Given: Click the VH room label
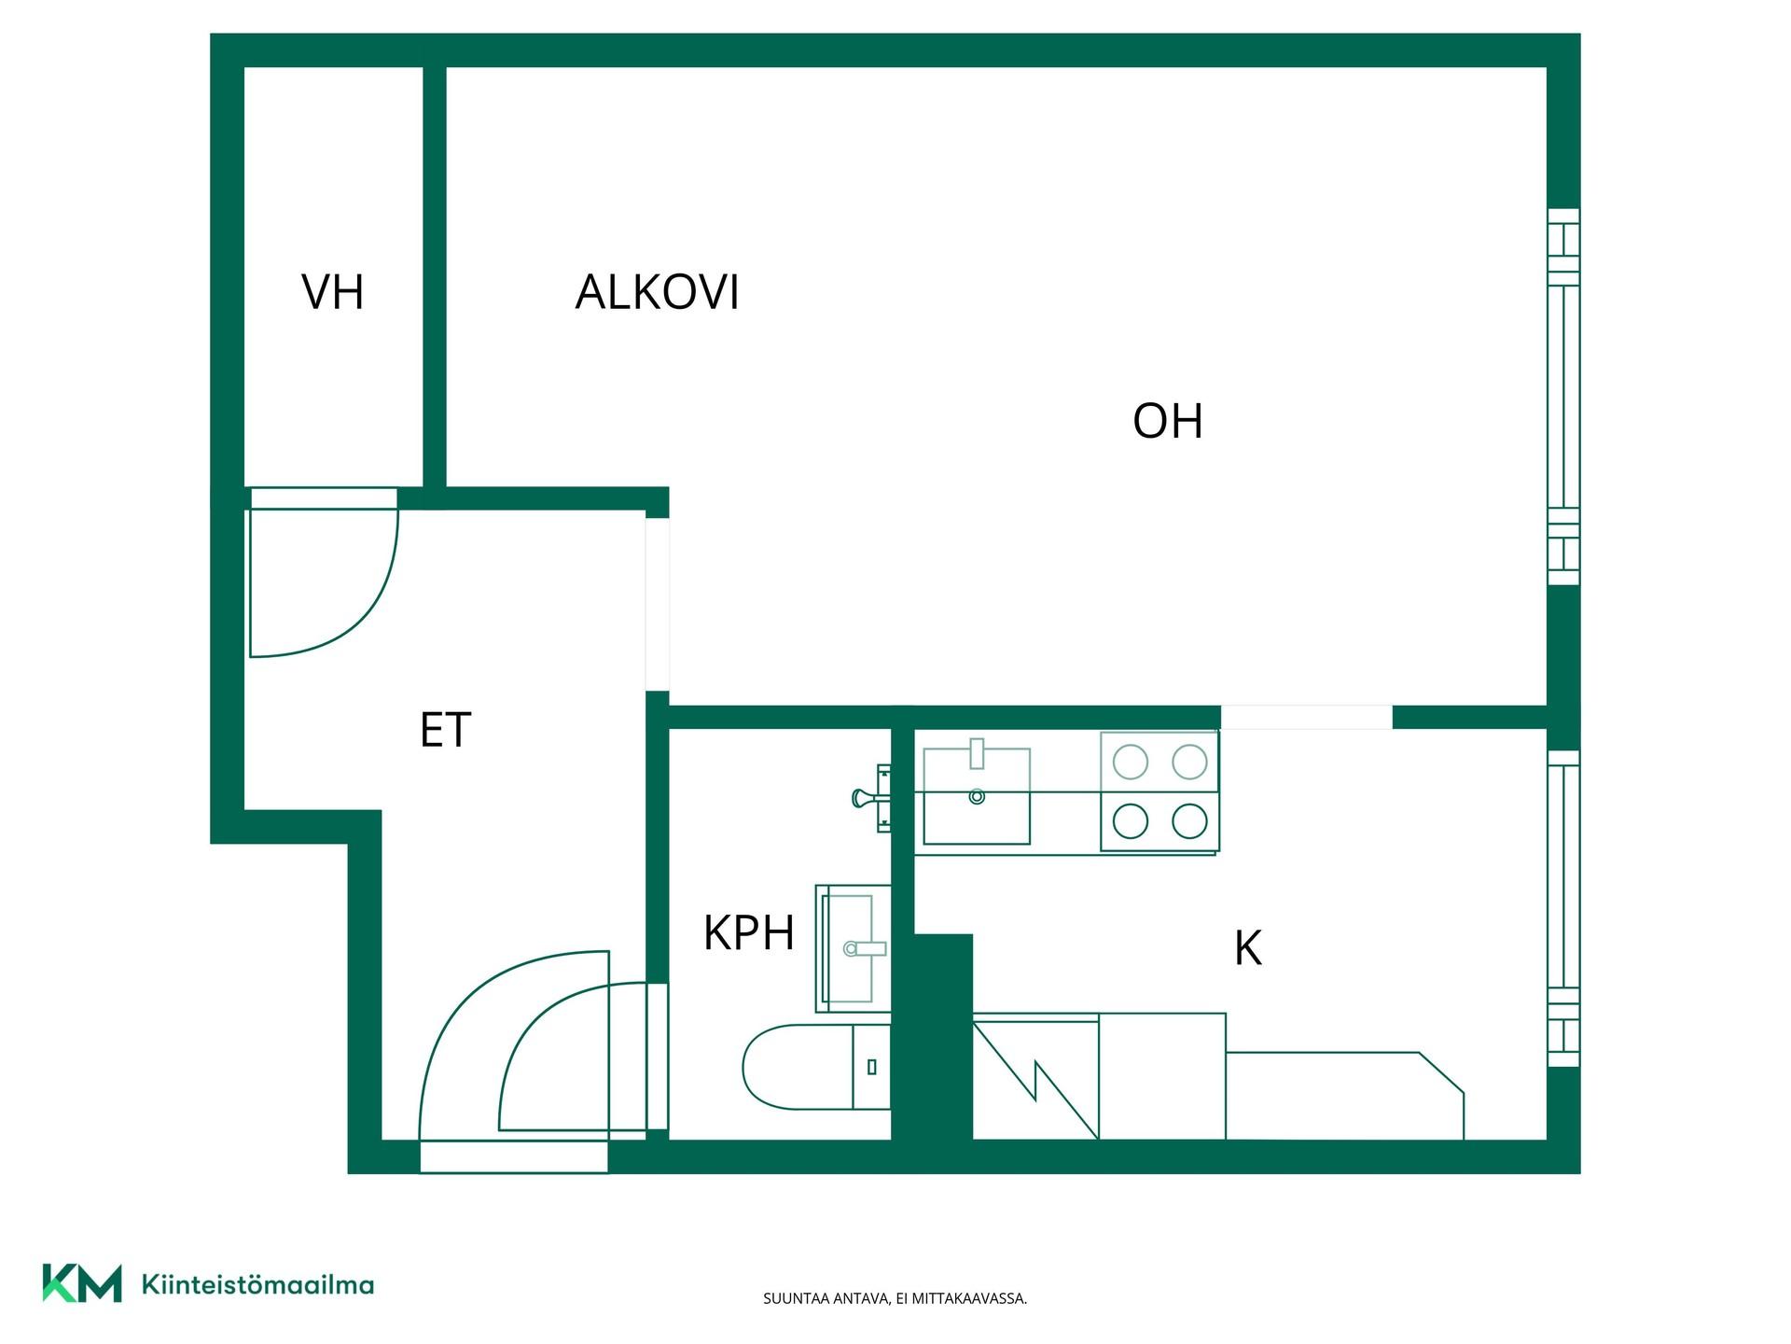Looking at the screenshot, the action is coord(332,291).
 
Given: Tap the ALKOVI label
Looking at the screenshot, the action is coord(657,291).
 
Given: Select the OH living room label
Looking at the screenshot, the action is coord(1167,421).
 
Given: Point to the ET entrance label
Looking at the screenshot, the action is coord(445,730).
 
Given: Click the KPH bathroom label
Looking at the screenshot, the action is coord(748,932).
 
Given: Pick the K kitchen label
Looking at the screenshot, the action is coord(1247,948).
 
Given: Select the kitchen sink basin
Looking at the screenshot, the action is coord(977,795).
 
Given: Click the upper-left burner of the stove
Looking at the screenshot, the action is coord(1131,763).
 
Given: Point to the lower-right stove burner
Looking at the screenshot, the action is coord(1189,821).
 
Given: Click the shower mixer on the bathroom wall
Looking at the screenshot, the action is coord(872,797).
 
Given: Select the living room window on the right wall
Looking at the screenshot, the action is coord(1563,397).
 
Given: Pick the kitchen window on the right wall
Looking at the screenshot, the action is coord(1563,908).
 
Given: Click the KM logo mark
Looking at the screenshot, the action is coord(82,1283).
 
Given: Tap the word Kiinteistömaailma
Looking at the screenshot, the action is coord(257,1284).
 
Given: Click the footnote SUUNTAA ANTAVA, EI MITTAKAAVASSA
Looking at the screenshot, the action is coord(895,1298).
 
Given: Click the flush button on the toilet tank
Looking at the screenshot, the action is coord(872,1067).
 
